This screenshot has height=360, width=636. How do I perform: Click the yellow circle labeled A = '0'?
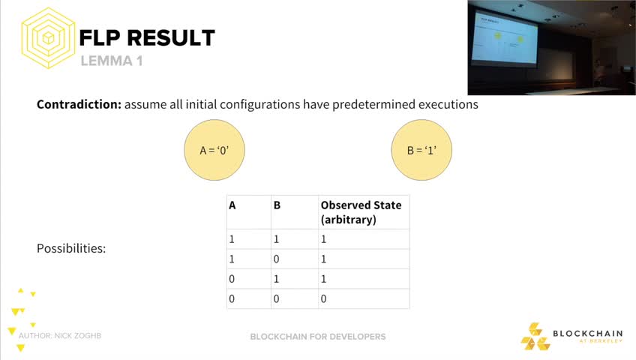[214, 150]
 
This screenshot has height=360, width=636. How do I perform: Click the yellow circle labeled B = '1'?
[421, 150]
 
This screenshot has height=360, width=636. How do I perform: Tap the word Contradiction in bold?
[79, 104]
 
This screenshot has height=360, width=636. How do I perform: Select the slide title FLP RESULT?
[147, 38]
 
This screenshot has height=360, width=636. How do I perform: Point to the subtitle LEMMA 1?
[112, 61]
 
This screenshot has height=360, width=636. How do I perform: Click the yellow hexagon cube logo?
[48, 37]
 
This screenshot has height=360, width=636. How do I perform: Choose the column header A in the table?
[232, 205]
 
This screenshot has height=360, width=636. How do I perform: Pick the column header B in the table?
[277, 205]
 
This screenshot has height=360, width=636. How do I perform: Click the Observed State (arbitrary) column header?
[361, 212]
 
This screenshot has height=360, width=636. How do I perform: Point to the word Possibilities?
[71, 248]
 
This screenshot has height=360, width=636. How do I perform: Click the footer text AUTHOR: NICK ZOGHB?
[60, 336]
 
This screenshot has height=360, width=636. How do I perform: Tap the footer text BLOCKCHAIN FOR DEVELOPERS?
[318, 337]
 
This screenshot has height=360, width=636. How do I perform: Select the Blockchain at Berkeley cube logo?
[535, 337]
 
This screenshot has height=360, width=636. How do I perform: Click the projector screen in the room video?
[504, 38]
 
